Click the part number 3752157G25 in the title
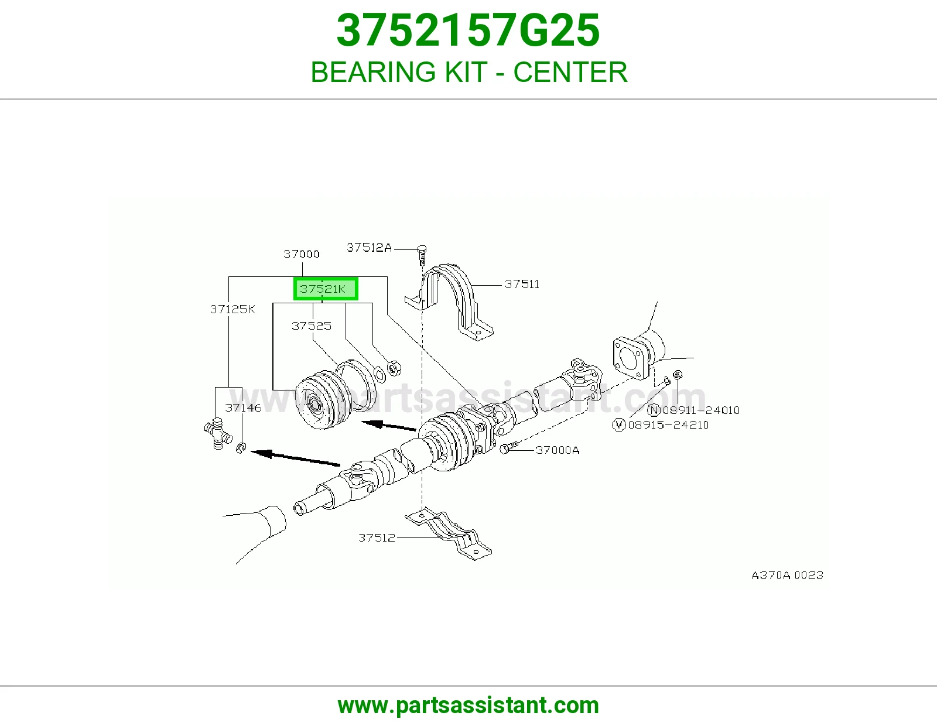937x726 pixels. tap(468, 30)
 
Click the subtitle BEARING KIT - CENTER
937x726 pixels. tap(468, 72)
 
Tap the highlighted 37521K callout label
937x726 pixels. tap(326, 289)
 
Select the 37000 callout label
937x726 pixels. tap(302, 254)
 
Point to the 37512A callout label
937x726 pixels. tap(370, 248)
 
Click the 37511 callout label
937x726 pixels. tap(522, 284)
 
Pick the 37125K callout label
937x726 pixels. tap(232, 309)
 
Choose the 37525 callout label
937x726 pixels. tap(312, 326)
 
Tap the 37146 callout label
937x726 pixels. tap(243, 408)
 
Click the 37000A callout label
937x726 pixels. tap(557, 450)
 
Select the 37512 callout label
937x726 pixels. tap(377, 537)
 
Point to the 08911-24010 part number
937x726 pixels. tap(701, 410)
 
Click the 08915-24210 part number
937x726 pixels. tap(668, 425)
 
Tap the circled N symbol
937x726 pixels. tap(654, 410)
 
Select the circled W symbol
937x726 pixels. tap(619, 425)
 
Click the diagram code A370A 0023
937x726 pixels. tap(788, 576)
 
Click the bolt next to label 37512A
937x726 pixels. tap(422, 255)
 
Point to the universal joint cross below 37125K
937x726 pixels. tap(218, 433)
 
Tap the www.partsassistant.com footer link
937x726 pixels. tap(468, 706)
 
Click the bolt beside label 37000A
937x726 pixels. tap(509, 447)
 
